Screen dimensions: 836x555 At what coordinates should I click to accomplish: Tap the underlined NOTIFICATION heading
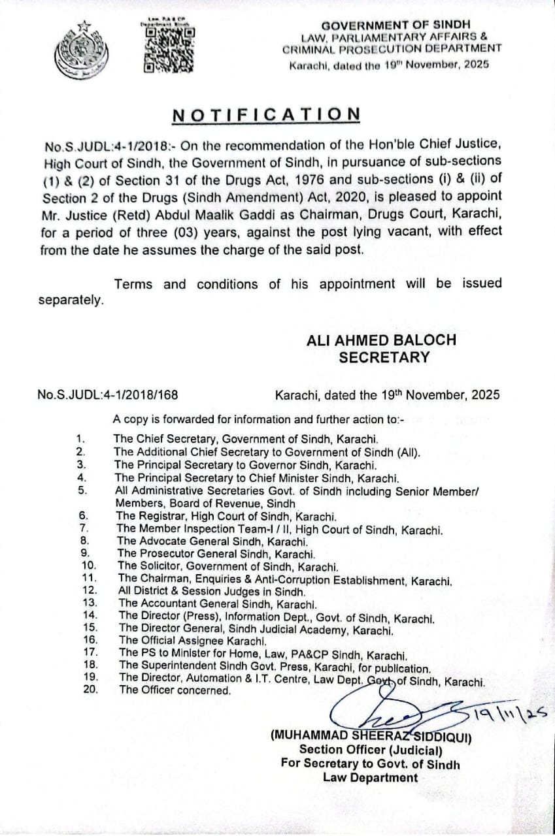pos(266,115)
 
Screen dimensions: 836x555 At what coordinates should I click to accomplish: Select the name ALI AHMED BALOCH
pos(382,340)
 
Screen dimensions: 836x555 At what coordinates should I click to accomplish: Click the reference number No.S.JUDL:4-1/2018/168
pos(109,395)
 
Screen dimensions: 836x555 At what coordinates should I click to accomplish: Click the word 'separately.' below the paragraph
pos(71,301)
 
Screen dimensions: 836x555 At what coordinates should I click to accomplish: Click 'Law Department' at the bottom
pos(370,778)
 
